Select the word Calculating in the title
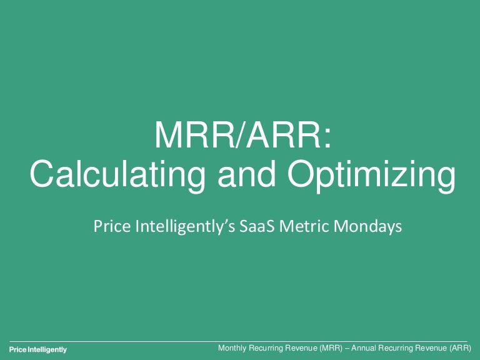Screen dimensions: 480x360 [117, 174]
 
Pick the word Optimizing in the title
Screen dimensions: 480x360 [372, 174]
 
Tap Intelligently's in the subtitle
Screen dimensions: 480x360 [185, 227]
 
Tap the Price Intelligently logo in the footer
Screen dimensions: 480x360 [38, 349]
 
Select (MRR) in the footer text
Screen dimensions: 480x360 [330, 348]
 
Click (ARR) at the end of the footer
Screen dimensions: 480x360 [461, 348]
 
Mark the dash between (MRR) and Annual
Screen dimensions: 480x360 [346, 349]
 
